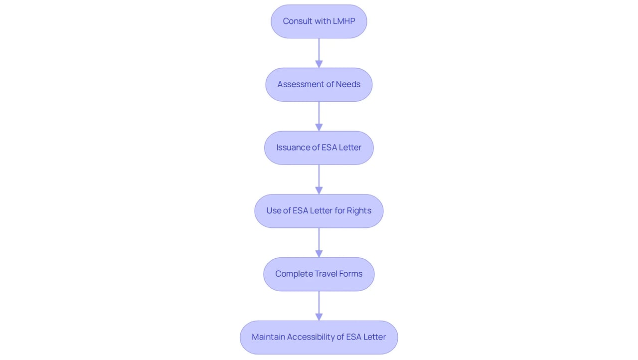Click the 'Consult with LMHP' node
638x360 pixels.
(x=319, y=21)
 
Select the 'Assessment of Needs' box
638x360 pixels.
(x=319, y=85)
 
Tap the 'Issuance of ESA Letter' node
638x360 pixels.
(x=319, y=148)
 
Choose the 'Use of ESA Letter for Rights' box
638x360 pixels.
(x=319, y=211)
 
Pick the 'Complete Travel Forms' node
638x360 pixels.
(x=319, y=274)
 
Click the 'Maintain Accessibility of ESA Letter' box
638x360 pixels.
(x=319, y=338)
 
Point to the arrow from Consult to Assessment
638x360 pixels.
(x=319, y=53)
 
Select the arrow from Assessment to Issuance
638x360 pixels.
(x=319, y=116)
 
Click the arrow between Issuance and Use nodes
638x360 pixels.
(x=319, y=180)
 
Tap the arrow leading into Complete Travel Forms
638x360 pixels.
(x=319, y=243)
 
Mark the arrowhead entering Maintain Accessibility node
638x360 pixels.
(x=319, y=317)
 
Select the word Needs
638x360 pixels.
(x=348, y=84)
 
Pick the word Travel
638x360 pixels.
(x=325, y=274)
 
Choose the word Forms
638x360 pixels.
(x=350, y=274)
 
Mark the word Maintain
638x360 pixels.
(x=268, y=337)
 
